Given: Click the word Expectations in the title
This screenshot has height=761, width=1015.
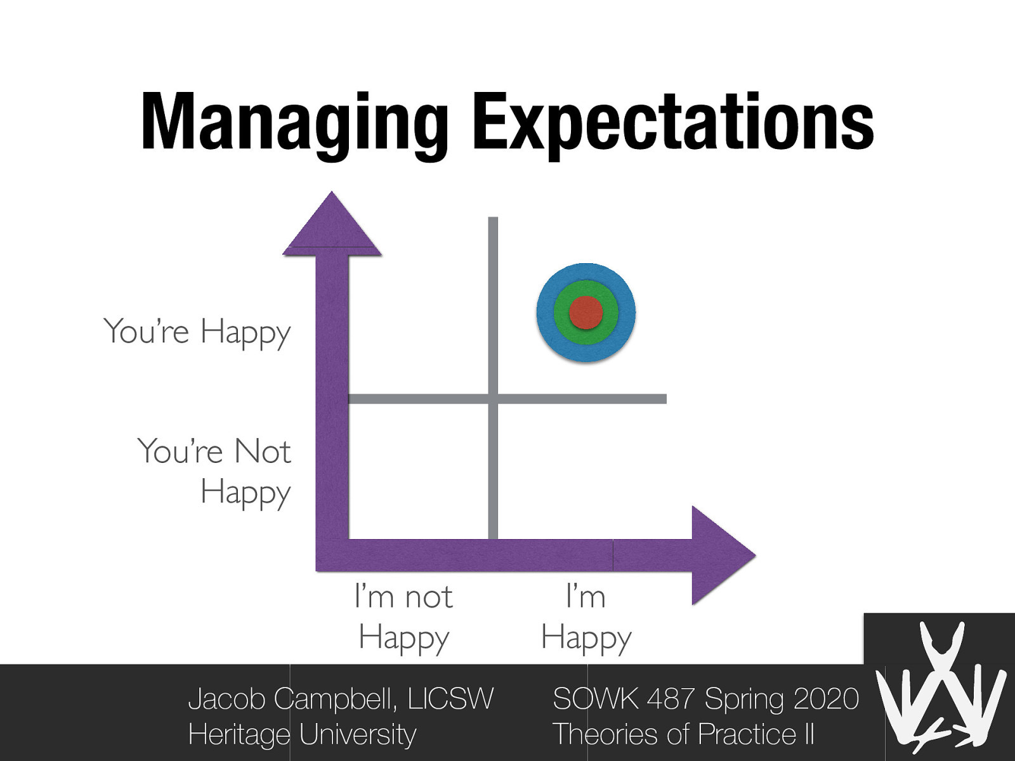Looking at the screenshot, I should pos(673,124).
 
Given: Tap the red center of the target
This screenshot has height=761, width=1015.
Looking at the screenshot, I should pos(586,313).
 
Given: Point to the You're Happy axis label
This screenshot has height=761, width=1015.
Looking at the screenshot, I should pos(197,332).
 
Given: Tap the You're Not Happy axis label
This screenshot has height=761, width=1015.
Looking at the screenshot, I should pos(214,471).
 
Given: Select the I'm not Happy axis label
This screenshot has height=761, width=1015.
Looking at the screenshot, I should pos(403,616).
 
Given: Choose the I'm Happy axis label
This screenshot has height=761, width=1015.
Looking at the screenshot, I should pos(586,616).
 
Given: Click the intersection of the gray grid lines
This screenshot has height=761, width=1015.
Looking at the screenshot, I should pos(493,399).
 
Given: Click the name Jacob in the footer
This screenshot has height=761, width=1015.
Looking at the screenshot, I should pos(228,699).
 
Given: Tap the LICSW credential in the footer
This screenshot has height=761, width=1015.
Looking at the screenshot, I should pos(450,699).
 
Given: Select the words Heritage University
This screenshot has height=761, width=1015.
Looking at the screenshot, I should pos(302,734).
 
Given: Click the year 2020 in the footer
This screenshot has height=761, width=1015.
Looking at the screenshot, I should pos(825,699).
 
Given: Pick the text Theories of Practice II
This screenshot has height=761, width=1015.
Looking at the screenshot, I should pos(683,734).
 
